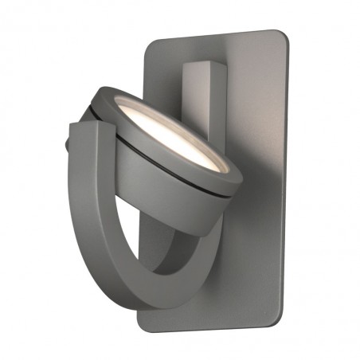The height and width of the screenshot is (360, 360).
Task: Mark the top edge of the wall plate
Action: point(215,33)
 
